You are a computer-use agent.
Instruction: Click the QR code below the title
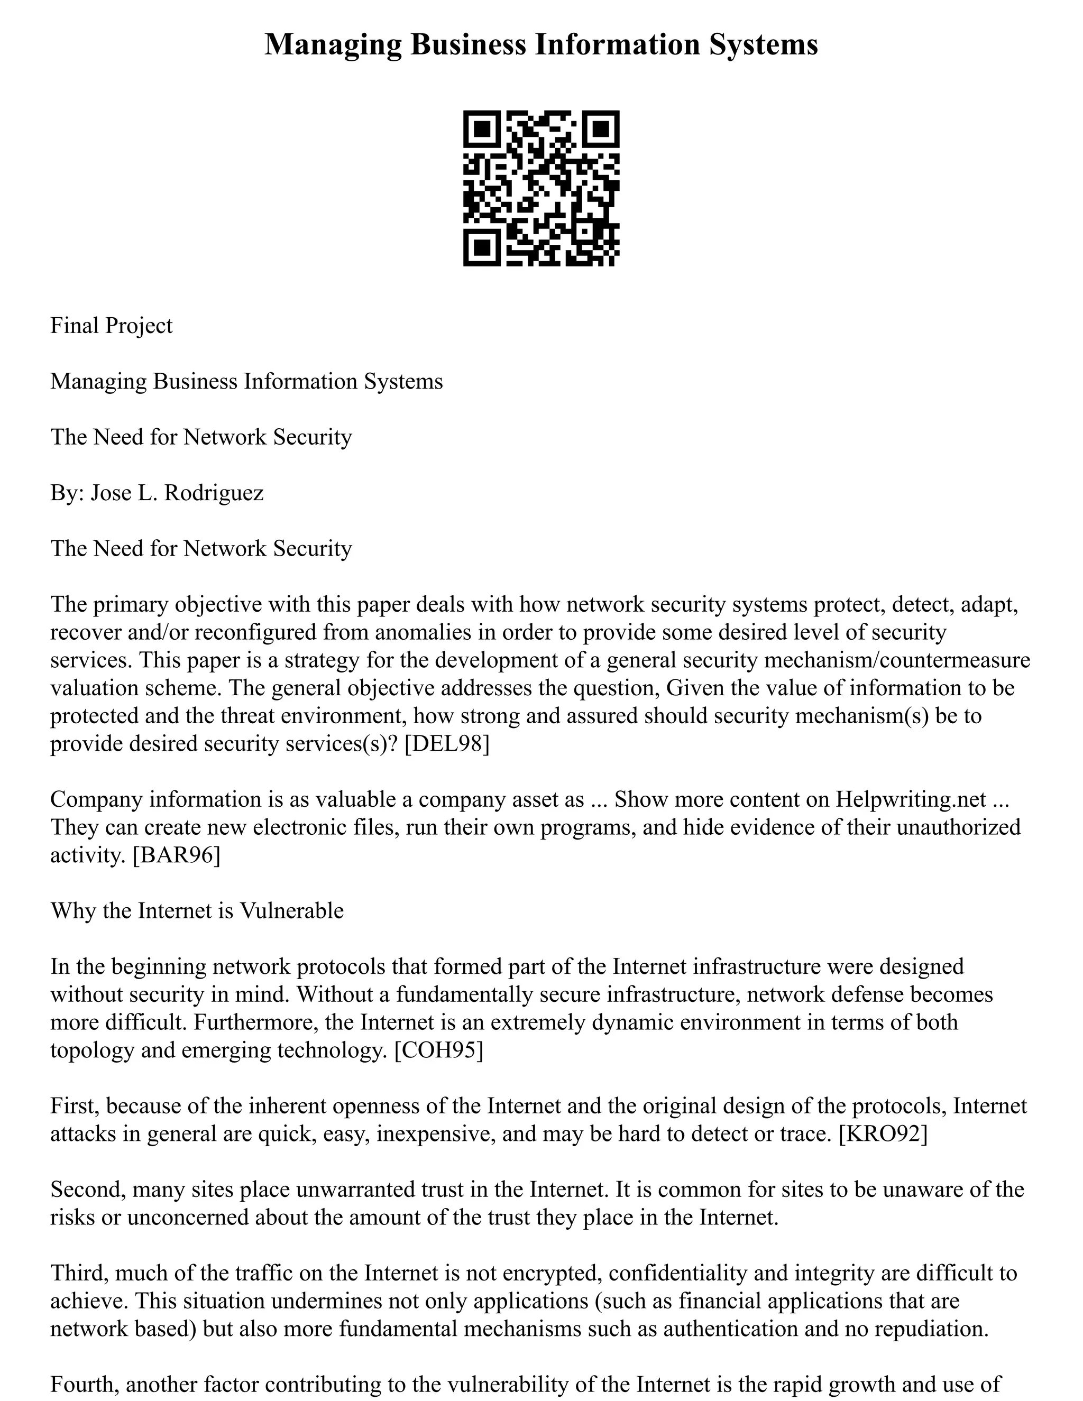[541, 188]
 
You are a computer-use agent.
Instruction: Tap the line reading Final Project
[111, 325]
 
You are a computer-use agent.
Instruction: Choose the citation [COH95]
[438, 1050]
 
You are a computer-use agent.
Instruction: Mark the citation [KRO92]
[883, 1133]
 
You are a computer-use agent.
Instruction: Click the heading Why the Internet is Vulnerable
[197, 911]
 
